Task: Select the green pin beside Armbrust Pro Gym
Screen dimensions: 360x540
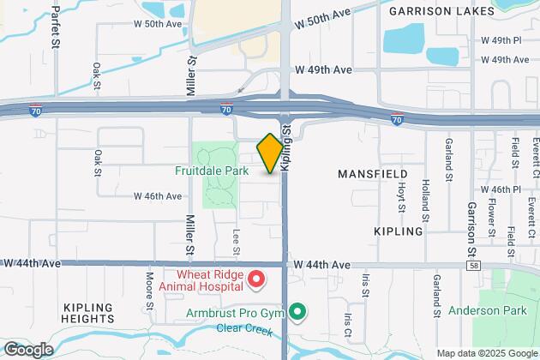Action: [x=297, y=311]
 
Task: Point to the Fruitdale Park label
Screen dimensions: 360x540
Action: [x=213, y=171]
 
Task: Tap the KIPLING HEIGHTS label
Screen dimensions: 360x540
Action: [x=88, y=314]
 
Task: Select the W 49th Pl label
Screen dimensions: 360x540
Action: [x=501, y=40]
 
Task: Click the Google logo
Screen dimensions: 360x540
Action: [x=28, y=349]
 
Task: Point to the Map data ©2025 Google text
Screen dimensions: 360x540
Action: [x=485, y=353]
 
